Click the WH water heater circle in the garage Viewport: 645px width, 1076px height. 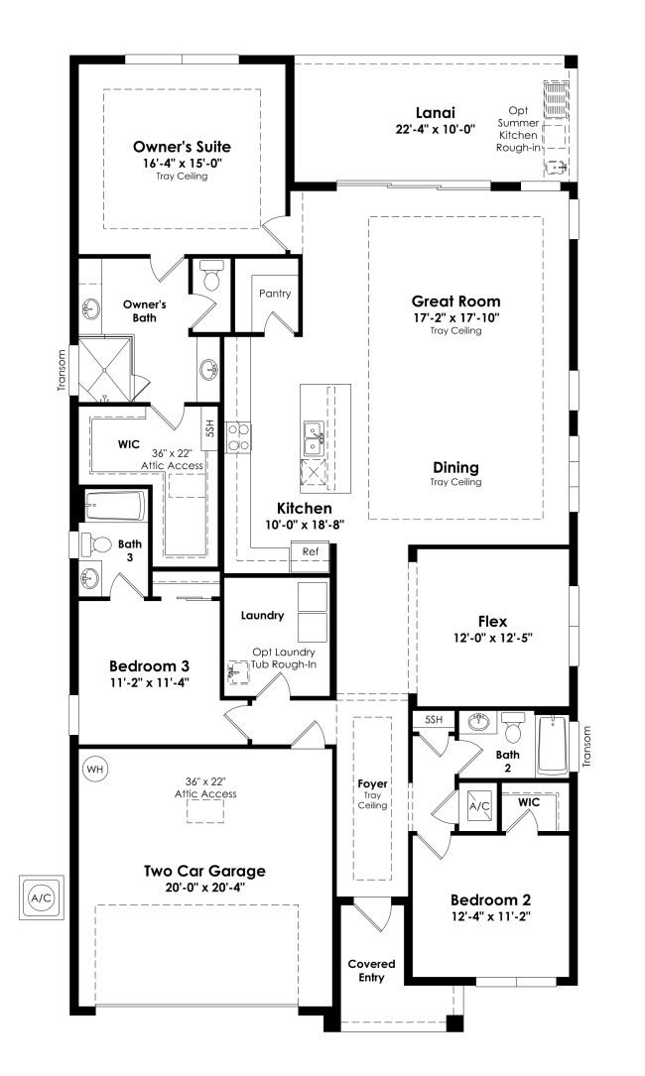(94, 769)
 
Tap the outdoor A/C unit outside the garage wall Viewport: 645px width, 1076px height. (41, 897)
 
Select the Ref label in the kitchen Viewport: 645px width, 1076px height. (310, 551)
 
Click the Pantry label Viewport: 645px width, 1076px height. (274, 294)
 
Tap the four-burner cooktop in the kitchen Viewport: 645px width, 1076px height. (238, 436)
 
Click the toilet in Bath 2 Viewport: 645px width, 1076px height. (513, 729)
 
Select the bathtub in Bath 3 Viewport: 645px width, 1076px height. (116, 510)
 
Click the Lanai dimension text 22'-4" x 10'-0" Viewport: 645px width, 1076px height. (435, 129)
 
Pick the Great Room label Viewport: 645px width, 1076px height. (455, 301)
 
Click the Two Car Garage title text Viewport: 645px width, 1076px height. (203, 872)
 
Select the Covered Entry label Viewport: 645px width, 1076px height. (371, 971)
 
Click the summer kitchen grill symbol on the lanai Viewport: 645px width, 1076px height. (555, 99)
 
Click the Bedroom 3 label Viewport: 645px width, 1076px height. (149, 665)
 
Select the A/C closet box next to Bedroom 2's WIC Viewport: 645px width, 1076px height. (480, 806)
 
